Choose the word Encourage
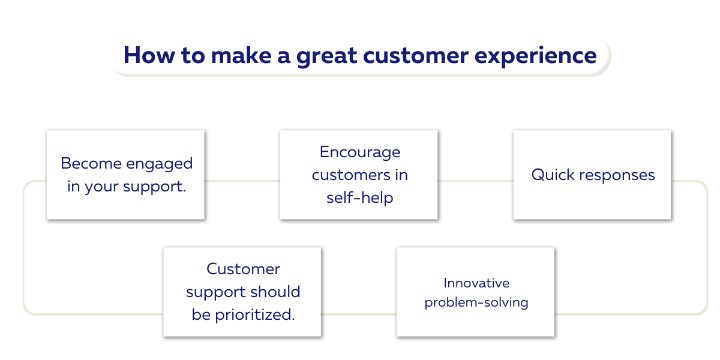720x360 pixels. coord(359,152)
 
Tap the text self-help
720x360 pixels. coord(359,198)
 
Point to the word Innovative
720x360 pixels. coord(476,283)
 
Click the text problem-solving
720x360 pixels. coord(476,302)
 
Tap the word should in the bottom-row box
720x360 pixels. coord(276,292)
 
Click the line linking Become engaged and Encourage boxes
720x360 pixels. coord(242,181)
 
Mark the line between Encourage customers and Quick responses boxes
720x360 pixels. coord(475,181)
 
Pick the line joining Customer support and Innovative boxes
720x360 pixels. coord(359,314)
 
